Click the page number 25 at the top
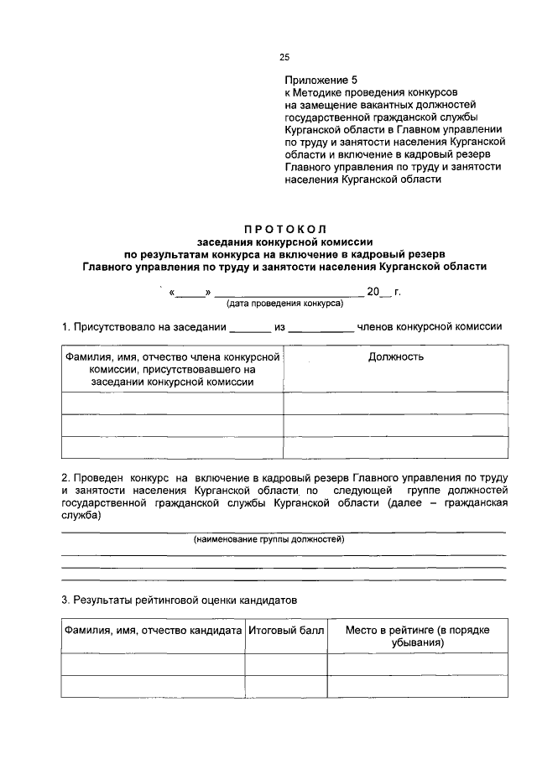coord(284,57)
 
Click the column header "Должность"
coord(395,357)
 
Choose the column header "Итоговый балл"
coord(286,630)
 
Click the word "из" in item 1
coord(280,327)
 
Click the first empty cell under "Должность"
coord(395,403)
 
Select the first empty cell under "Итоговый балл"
coord(286,664)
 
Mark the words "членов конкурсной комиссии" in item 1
coord(430,327)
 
